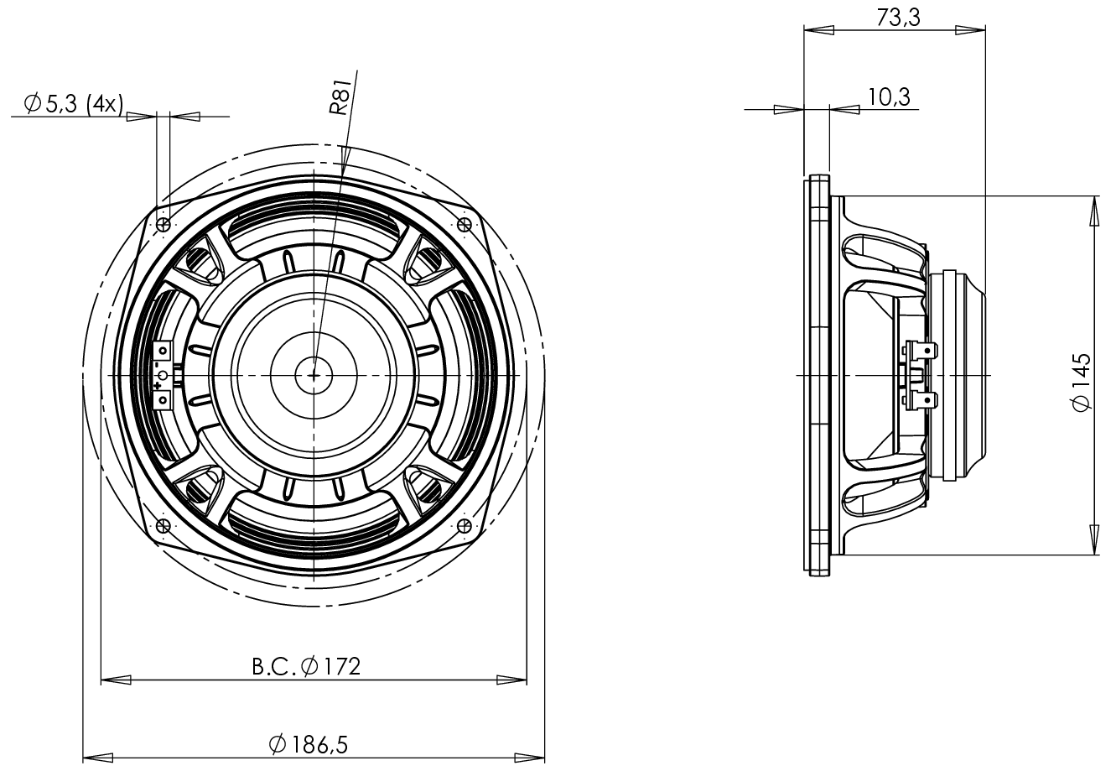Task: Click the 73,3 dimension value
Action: (x=899, y=17)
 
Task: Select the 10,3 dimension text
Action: (x=889, y=97)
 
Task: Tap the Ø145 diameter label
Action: (x=1082, y=382)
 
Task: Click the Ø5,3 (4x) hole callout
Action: (x=74, y=104)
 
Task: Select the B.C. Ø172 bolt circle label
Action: (x=306, y=666)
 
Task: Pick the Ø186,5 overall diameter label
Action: (x=308, y=743)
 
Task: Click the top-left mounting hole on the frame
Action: (x=164, y=225)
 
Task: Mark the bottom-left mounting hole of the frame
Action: (x=164, y=526)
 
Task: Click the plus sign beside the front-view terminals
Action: (x=158, y=385)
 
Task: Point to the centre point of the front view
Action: (x=314, y=375)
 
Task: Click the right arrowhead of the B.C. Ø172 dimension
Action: (x=512, y=680)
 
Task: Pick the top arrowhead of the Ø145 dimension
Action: (x=1095, y=211)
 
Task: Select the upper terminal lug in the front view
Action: (x=164, y=351)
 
